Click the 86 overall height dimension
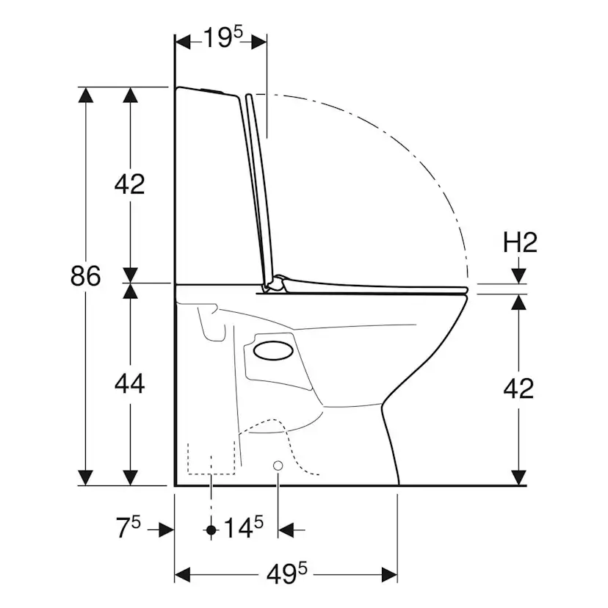[x=85, y=276]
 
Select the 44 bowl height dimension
[x=129, y=384]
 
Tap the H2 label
[x=520, y=243]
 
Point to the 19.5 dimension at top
[x=222, y=37]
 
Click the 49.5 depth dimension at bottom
[x=286, y=573]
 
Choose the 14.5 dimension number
[x=244, y=527]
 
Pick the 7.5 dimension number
[x=129, y=527]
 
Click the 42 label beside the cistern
[x=129, y=184]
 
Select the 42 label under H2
[x=518, y=388]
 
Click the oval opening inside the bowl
[x=273, y=350]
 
